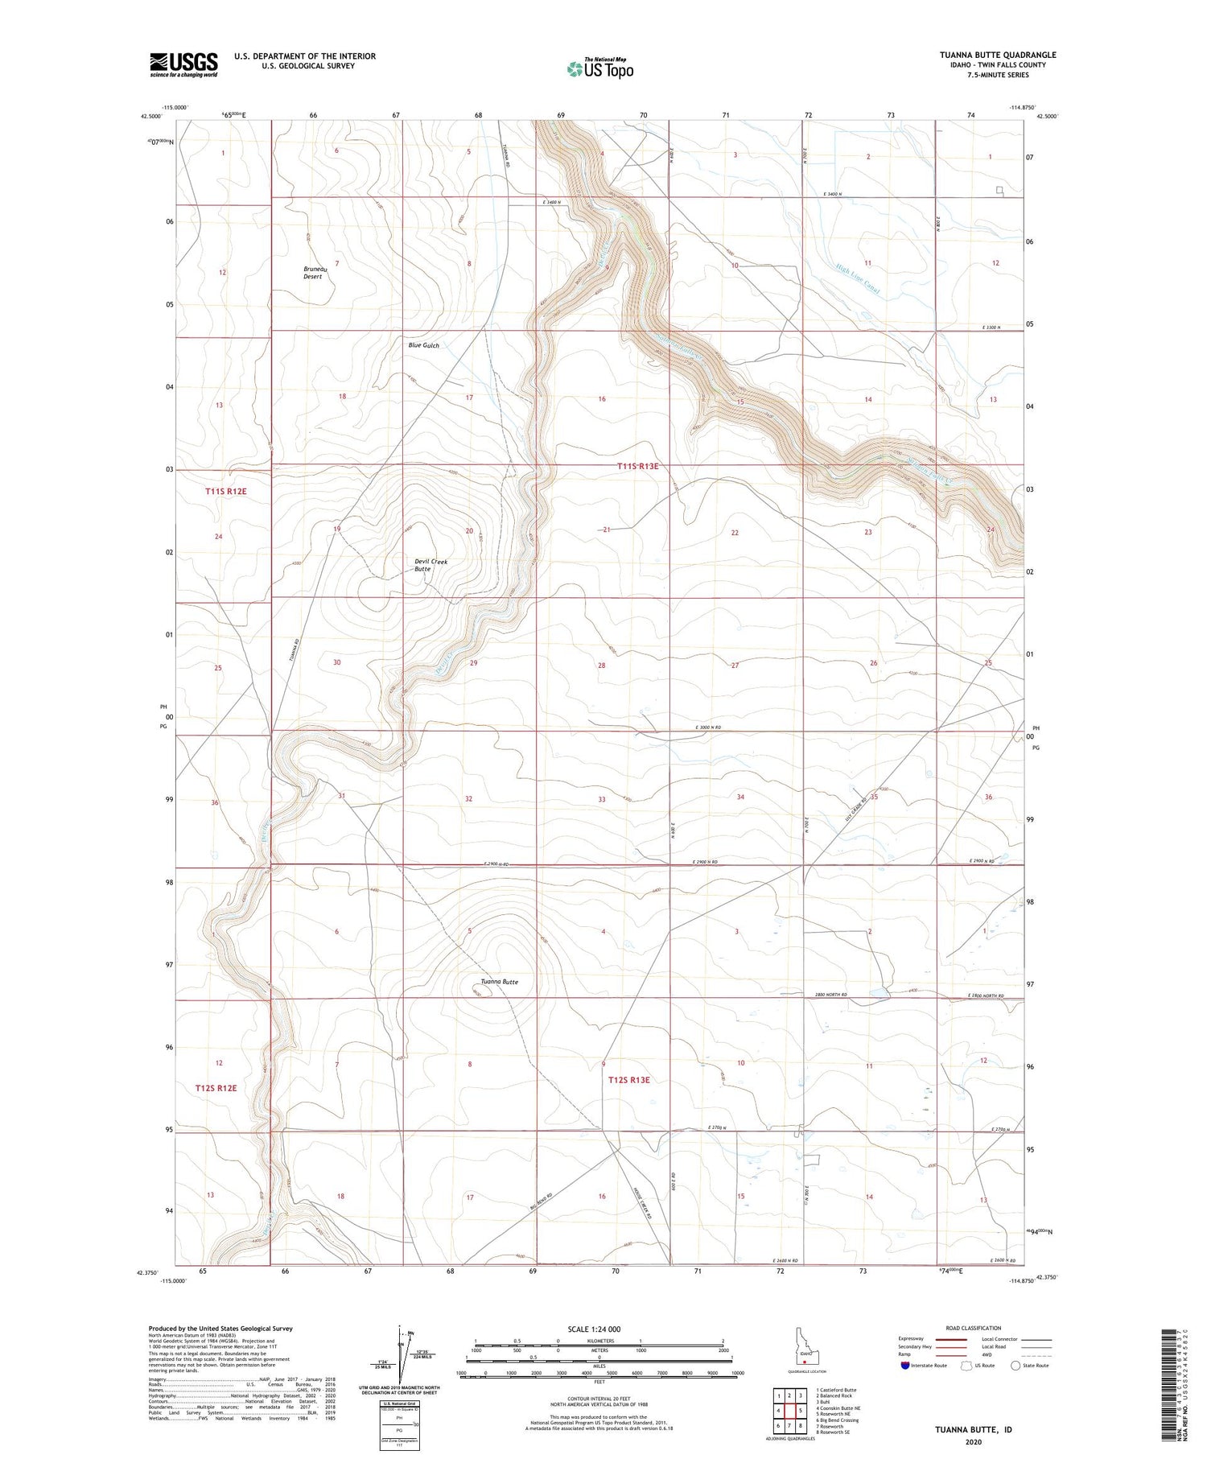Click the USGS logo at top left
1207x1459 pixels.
[x=183, y=64]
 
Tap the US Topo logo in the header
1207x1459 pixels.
[x=599, y=69]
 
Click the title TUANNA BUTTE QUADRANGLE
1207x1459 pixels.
[x=998, y=55]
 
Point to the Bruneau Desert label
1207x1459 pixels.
[x=313, y=273]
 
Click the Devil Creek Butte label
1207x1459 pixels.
[x=430, y=565]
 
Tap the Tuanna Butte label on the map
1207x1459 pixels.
[x=499, y=982]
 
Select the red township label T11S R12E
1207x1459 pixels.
[x=225, y=491]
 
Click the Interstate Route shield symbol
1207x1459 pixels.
[x=905, y=1366]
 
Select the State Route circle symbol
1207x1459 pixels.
[x=1015, y=1366]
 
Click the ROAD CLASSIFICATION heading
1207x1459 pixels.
[x=974, y=1328]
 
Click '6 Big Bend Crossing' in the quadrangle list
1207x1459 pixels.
[x=837, y=1420]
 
